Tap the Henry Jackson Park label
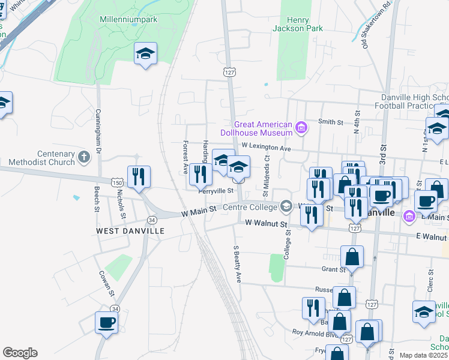[x=297, y=24]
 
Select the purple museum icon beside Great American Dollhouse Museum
[x=301, y=127]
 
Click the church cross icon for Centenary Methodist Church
[x=84, y=157]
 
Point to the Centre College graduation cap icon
[x=286, y=207]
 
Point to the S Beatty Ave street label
[x=237, y=263]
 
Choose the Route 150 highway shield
[x=116, y=182]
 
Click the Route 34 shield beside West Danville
[x=152, y=220]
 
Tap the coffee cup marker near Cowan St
[x=107, y=322]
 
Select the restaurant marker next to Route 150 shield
[x=139, y=176]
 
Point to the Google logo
[x=20, y=353]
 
